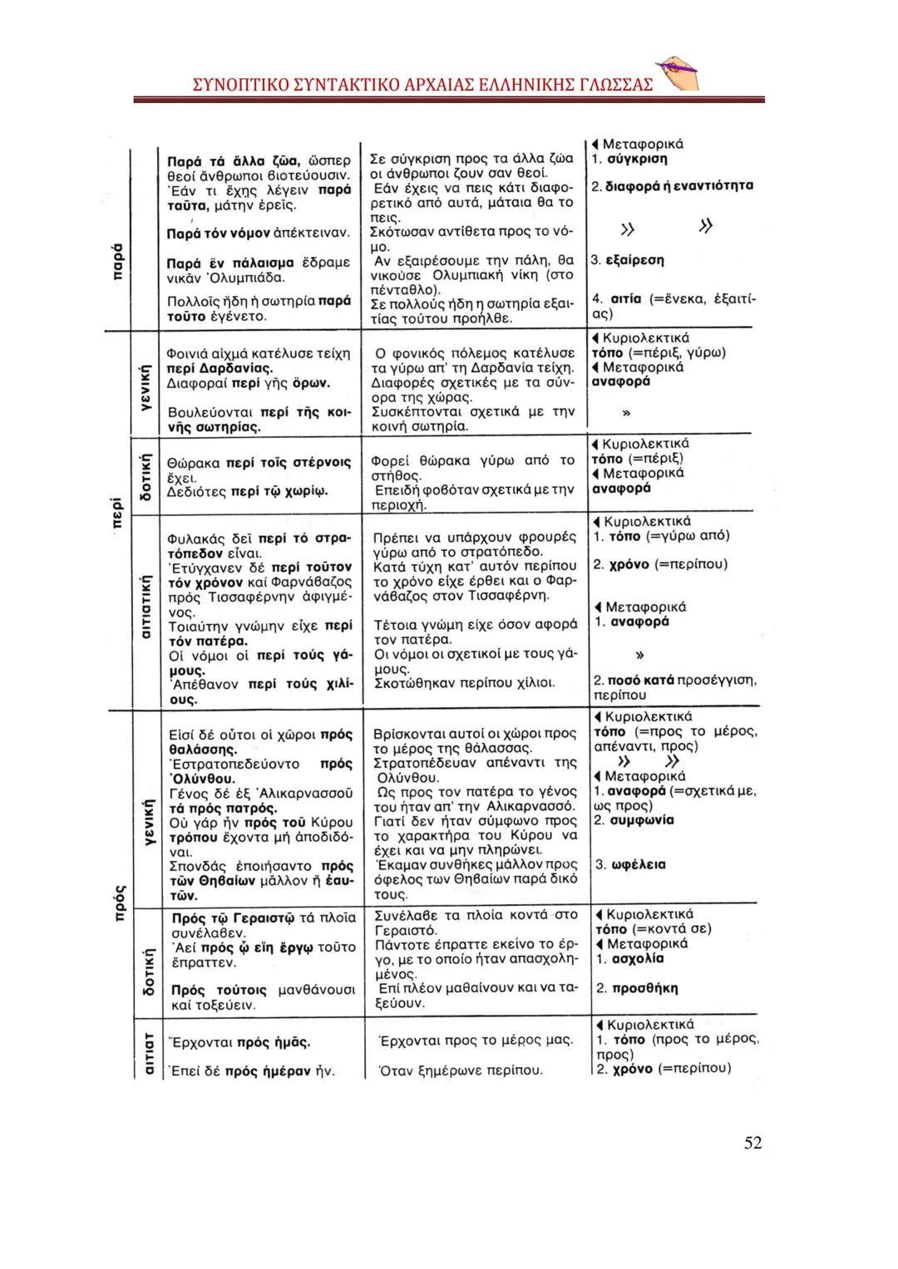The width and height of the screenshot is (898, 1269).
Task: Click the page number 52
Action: pyautogui.click(x=752, y=1143)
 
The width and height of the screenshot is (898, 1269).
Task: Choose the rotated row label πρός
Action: pyautogui.click(x=118, y=897)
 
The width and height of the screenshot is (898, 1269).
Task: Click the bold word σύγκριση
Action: pyautogui.click(x=637, y=159)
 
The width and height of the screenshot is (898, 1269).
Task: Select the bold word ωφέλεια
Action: pyautogui.click(x=639, y=864)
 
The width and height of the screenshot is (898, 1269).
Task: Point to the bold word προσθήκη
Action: pyautogui.click(x=644, y=988)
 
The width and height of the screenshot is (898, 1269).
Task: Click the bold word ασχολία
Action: pyautogui.click(x=637, y=958)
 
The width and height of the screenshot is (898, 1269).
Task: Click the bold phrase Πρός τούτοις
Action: pyautogui.click(x=219, y=990)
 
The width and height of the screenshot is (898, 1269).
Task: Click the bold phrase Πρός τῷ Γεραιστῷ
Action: pyautogui.click(x=233, y=918)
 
